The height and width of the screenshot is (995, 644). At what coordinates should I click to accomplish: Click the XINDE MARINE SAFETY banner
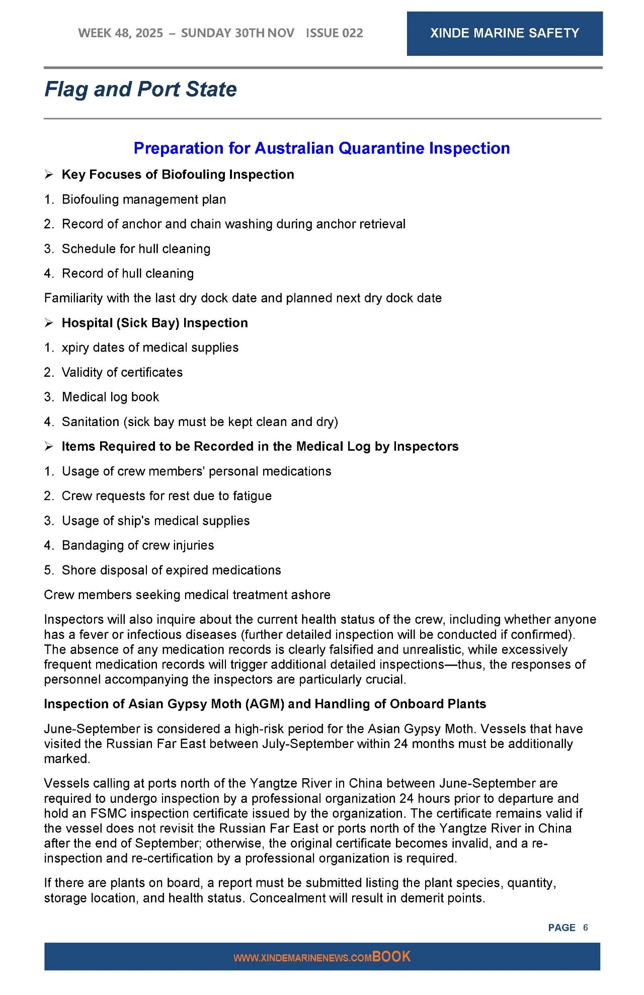(504, 33)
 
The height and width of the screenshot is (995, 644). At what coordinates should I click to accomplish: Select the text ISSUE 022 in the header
(334, 33)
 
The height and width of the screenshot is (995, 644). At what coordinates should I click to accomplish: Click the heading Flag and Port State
(140, 90)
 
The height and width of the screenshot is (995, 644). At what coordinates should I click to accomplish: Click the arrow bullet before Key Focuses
(49, 175)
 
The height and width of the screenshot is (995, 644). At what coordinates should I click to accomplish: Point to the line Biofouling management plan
(144, 200)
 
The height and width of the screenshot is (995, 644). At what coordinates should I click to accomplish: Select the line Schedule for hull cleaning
(136, 249)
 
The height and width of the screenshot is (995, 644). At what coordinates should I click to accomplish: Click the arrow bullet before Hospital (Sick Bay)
(49, 323)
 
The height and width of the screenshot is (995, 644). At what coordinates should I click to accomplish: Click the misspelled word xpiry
(76, 348)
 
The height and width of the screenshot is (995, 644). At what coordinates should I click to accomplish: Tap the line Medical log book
(110, 397)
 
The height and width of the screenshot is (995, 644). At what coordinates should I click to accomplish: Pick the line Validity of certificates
(122, 373)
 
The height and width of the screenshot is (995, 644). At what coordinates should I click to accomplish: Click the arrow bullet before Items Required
(49, 447)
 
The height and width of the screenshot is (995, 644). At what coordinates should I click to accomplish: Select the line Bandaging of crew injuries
(138, 546)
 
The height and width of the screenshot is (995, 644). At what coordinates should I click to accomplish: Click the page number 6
(585, 928)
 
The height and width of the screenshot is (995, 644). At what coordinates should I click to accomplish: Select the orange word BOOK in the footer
(391, 957)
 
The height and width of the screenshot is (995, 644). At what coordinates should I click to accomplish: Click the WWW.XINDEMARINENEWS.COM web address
(302, 958)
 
